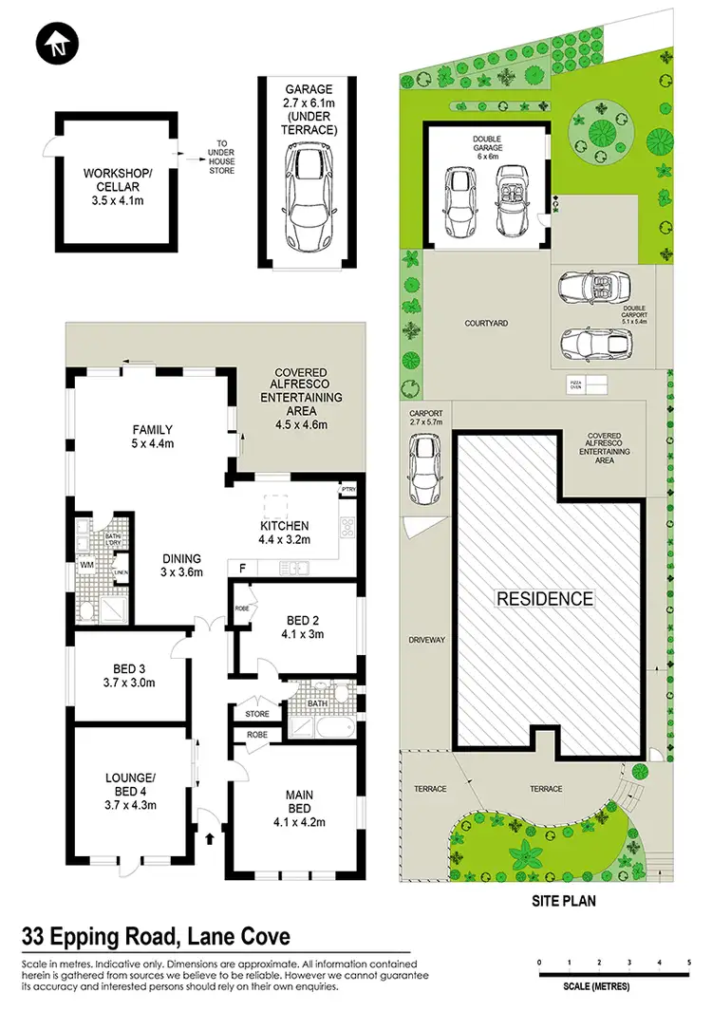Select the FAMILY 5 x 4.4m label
pyautogui.click(x=152, y=436)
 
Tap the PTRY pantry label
pyautogui.click(x=348, y=491)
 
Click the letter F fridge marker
pyautogui.click(x=243, y=567)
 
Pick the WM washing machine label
pyautogui.click(x=87, y=565)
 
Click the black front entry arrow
pyautogui.click(x=210, y=838)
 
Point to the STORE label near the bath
pyautogui.click(x=256, y=713)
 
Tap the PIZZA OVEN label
pyautogui.click(x=574, y=385)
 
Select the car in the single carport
pyautogui.click(x=423, y=469)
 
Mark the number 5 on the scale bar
pyautogui.click(x=688, y=964)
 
